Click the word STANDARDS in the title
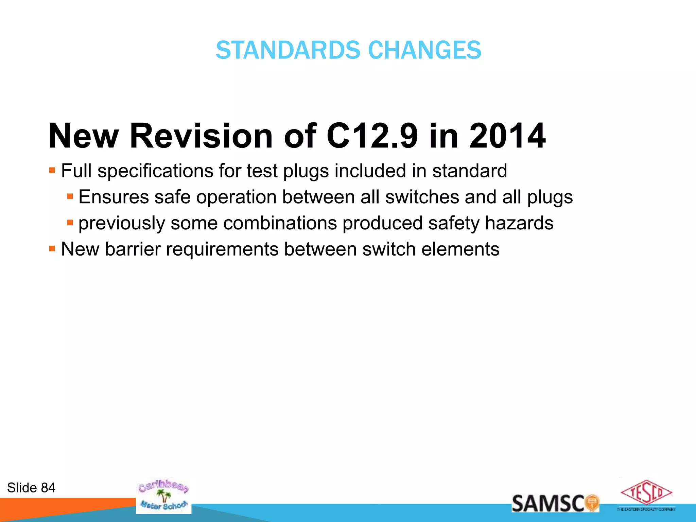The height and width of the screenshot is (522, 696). coord(288,50)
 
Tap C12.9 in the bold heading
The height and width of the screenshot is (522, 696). coord(372,136)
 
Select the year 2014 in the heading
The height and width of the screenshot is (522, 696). coord(507,136)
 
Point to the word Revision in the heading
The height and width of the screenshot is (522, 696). coord(201,136)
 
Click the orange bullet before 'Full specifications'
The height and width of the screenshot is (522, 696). coord(52,170)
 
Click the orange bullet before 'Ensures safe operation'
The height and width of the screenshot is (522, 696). coord(70,196)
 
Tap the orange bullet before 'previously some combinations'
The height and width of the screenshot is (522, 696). coord(70,223)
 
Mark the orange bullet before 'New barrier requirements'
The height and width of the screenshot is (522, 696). coord(52,249)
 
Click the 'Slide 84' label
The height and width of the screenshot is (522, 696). coord(31,488)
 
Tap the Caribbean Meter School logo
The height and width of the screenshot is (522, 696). coord(163,495)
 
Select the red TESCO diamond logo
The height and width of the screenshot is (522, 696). coord(646,492)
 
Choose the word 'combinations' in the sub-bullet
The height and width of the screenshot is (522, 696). coord(280,223)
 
